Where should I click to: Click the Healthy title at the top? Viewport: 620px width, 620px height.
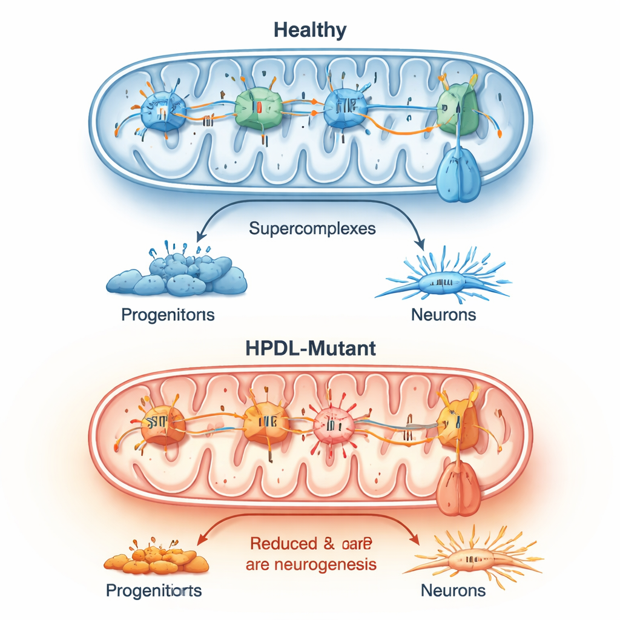(309, 30)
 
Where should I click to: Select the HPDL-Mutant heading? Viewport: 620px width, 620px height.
(309, 349)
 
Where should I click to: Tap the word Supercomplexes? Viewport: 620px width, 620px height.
(312, 229)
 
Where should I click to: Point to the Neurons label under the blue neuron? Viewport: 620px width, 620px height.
(443, 315)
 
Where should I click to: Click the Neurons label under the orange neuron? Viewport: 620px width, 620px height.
(453, 590)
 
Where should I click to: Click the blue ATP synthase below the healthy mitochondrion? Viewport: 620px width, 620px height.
(458, 177)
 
